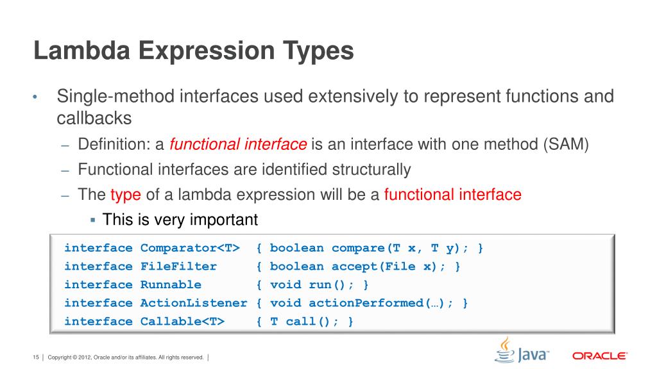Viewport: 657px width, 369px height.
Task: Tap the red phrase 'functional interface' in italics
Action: click(238, 145)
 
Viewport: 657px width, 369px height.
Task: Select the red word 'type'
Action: click(125, 195)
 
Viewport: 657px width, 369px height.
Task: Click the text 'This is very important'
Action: click(180, 220)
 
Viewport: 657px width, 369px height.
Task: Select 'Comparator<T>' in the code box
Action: click(190, 248)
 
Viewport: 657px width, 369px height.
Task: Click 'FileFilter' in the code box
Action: click(178, 266)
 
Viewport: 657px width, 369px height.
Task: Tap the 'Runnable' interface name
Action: click(171, 284)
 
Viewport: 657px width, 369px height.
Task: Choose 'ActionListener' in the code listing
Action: click(194, 303)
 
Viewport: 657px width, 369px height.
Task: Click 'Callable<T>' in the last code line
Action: click(182, 322)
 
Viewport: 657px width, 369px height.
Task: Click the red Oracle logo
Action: click(599, 356)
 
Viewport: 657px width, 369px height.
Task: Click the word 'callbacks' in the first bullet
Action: click(94, 119)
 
